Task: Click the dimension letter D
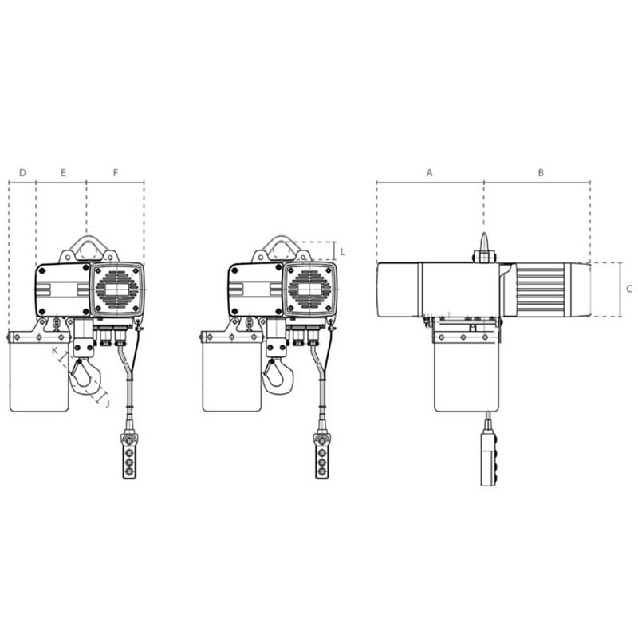pyautogui.click(x=22, y=172)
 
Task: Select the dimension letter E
pyautogui.click(x=63, y=172)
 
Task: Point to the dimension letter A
pyautogui.click(x=429, y=172)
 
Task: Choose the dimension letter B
pyautogui.click(x=540, y=172)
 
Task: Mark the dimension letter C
pyautogui.click(x=628, y=289)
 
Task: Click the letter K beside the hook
pyautogui.click(x=55, y=350)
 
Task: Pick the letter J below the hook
pyautogui.click(x=107, y=404)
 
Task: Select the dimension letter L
pyautogui.click(x=342, y=251)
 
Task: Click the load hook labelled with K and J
pyautogui.click(x=82, y=376)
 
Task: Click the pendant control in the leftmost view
pyautogui.click(x=129, y=455)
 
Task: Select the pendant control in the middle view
pyautogui.click(x=321, y=455)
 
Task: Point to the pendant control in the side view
pyautogui.click(x=487, y=459)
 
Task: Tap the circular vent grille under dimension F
pyautogui.click(x=117, y=289)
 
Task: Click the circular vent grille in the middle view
pyautogui.click(x=310, y=289)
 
